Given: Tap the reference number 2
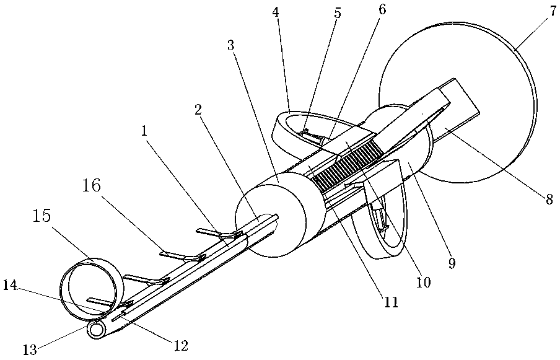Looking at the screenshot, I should click(x=198, y=110).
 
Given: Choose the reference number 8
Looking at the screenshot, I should click(x=548, y=199).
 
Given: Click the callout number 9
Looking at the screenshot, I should click(x=452, y=263).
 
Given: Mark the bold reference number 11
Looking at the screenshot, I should click(x=391, y=303).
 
